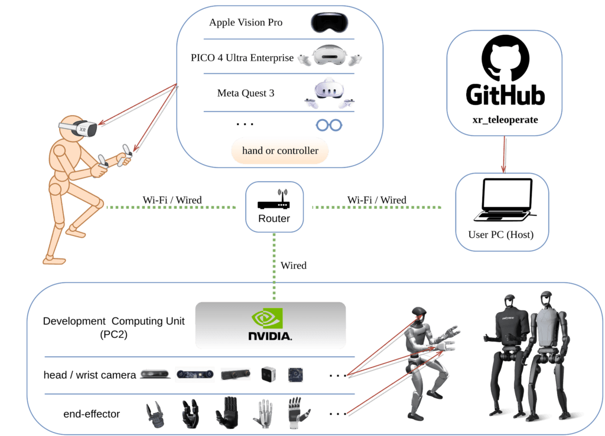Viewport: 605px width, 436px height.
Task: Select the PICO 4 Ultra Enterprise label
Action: [242, 58]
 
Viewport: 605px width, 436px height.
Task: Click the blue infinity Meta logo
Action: [329, 125]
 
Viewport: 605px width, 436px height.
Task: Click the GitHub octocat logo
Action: [503, 58]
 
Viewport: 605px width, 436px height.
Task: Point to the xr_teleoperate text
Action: [504, 120]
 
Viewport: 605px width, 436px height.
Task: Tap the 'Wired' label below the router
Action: [294, 265]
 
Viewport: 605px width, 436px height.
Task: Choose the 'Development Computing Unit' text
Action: [114, 322]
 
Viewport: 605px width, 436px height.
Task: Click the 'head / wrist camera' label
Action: [90, 375]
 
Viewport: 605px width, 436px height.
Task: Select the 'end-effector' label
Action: [92, 414]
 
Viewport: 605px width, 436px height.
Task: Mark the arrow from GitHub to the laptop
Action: [503, 155]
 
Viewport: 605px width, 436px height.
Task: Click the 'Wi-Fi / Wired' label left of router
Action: [172, 200]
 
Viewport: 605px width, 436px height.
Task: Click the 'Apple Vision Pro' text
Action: [246, 22]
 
